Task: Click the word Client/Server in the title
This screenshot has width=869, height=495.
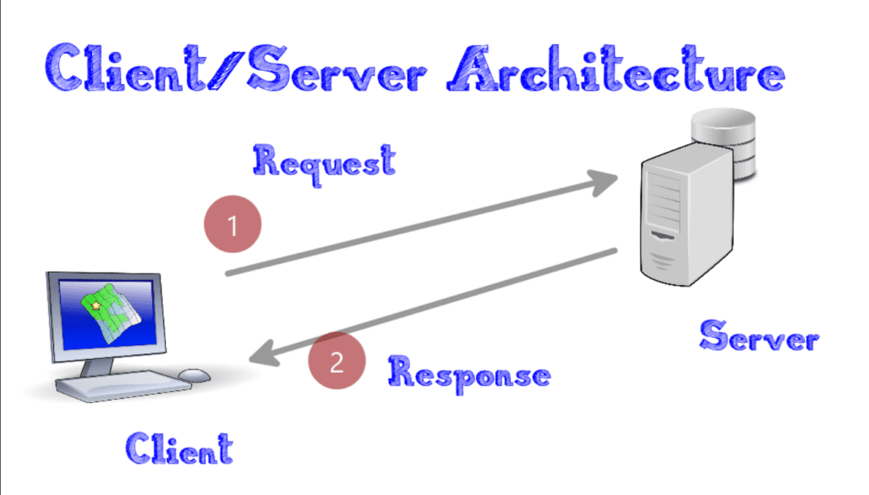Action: pyautogui.click(x=233, y=69)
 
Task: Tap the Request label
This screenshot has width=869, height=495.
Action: pyautogui.click(x=324, y=160)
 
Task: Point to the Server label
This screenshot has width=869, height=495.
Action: pyautogui.click(x=758, y=335)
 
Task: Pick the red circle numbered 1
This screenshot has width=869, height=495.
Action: pyautogui.click(x=233, y=225)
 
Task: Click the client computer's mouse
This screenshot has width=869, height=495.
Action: pyautogui.click(x=194, y=375)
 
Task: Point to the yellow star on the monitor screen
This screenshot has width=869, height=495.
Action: pyautogui.click(x=95, y=305)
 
